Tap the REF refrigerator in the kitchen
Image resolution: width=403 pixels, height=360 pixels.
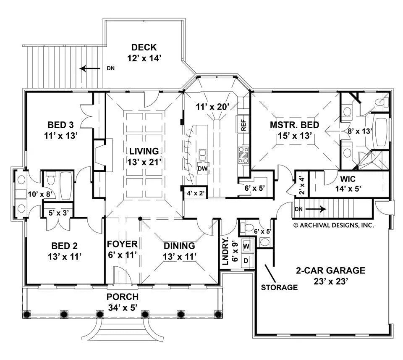(243, 125)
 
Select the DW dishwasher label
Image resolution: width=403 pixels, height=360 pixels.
(203, 168)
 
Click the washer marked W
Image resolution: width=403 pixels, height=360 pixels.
(246, 245)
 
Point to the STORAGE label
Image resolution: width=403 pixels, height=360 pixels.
(279, 288)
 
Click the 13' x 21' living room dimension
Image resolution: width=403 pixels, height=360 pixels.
(144, 161)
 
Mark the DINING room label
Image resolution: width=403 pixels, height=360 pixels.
(179, 245)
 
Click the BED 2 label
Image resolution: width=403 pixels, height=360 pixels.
(64, 245)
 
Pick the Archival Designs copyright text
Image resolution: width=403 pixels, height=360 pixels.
(333, 225)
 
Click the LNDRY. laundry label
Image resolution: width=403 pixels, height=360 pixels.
(225, 251)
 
